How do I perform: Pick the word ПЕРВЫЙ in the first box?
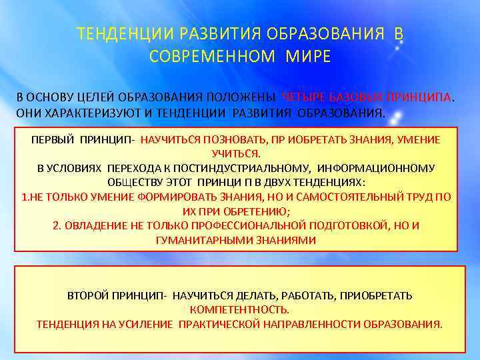pyautogui.click(x=53, y=139)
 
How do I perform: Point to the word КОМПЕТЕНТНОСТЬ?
pyautogui.click(x=239, y=309)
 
